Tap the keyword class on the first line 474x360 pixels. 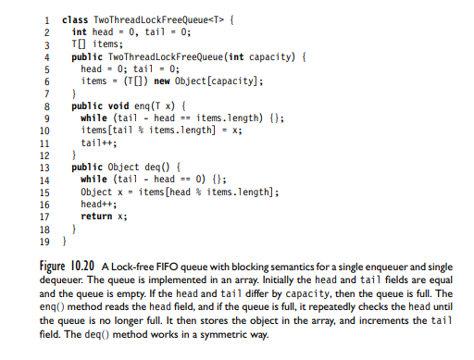coord(74,19)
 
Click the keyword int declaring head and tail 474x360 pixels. coord(80,31)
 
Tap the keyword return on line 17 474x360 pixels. coord(96,216)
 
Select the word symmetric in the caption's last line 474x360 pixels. coord(218,332)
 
